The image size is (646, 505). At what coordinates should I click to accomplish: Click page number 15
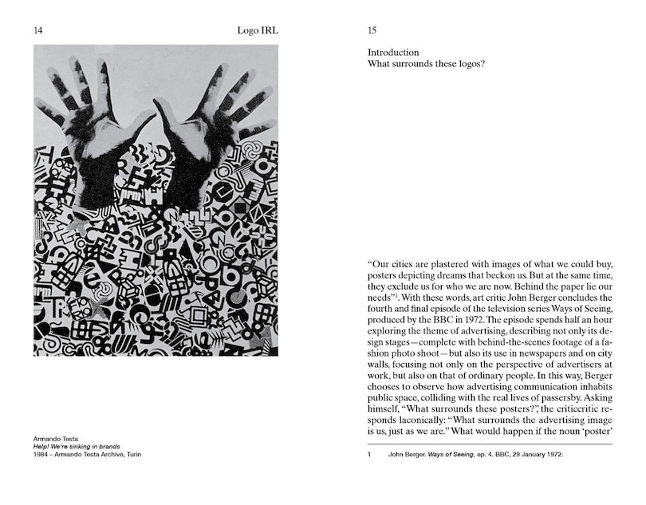click(372, 31)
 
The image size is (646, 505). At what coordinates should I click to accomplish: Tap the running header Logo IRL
click(258, 31)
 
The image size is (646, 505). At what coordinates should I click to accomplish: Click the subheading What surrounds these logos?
click(426, 65)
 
